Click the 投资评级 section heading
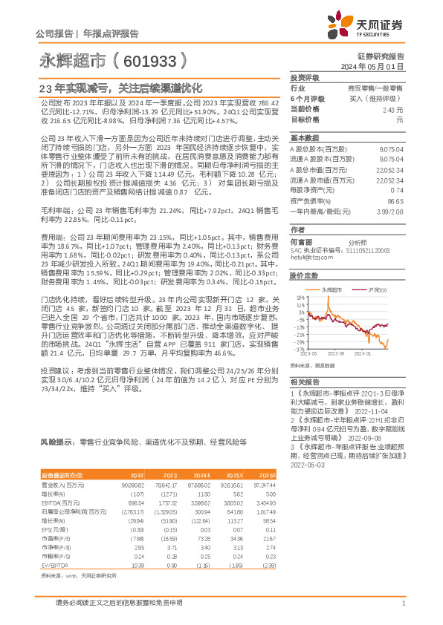(304, 77)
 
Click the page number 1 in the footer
(402, 603)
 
